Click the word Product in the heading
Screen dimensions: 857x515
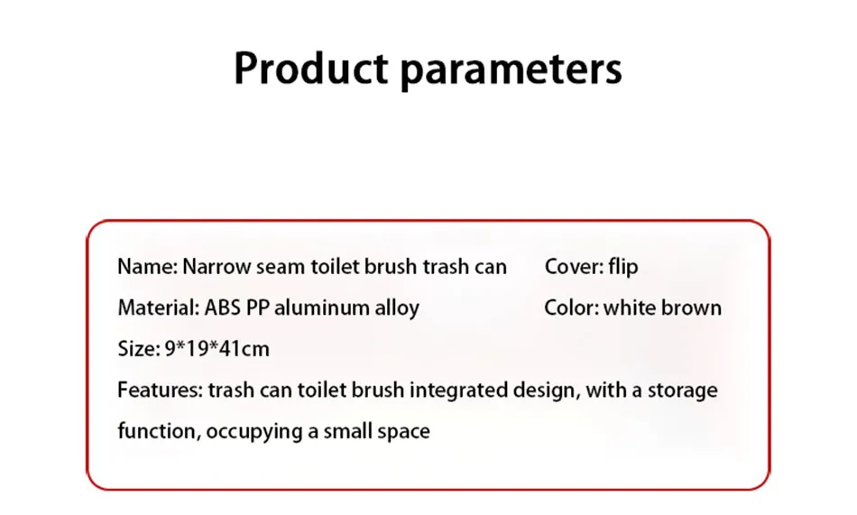click(311, 68)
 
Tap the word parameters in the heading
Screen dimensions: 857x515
click(511, 71)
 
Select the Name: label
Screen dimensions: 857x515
click(148, 267)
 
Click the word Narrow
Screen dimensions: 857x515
click(217, 267)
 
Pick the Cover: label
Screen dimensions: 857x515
click(574, 267)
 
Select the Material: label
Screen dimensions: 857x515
click(159, 308)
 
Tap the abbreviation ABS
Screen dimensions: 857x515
click(223, 308)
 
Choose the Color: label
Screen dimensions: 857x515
click(572, 308)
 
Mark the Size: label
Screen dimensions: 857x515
click(139, 349)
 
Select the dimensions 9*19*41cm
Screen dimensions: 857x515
click(217, 349)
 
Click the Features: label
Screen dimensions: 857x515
click(161, 390)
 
